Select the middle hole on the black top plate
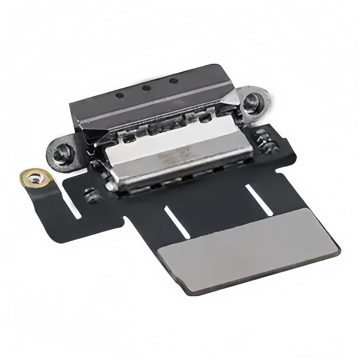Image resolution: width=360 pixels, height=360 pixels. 146,88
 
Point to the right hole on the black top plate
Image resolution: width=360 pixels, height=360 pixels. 173,81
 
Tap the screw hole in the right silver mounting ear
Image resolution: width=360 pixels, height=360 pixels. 252,100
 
